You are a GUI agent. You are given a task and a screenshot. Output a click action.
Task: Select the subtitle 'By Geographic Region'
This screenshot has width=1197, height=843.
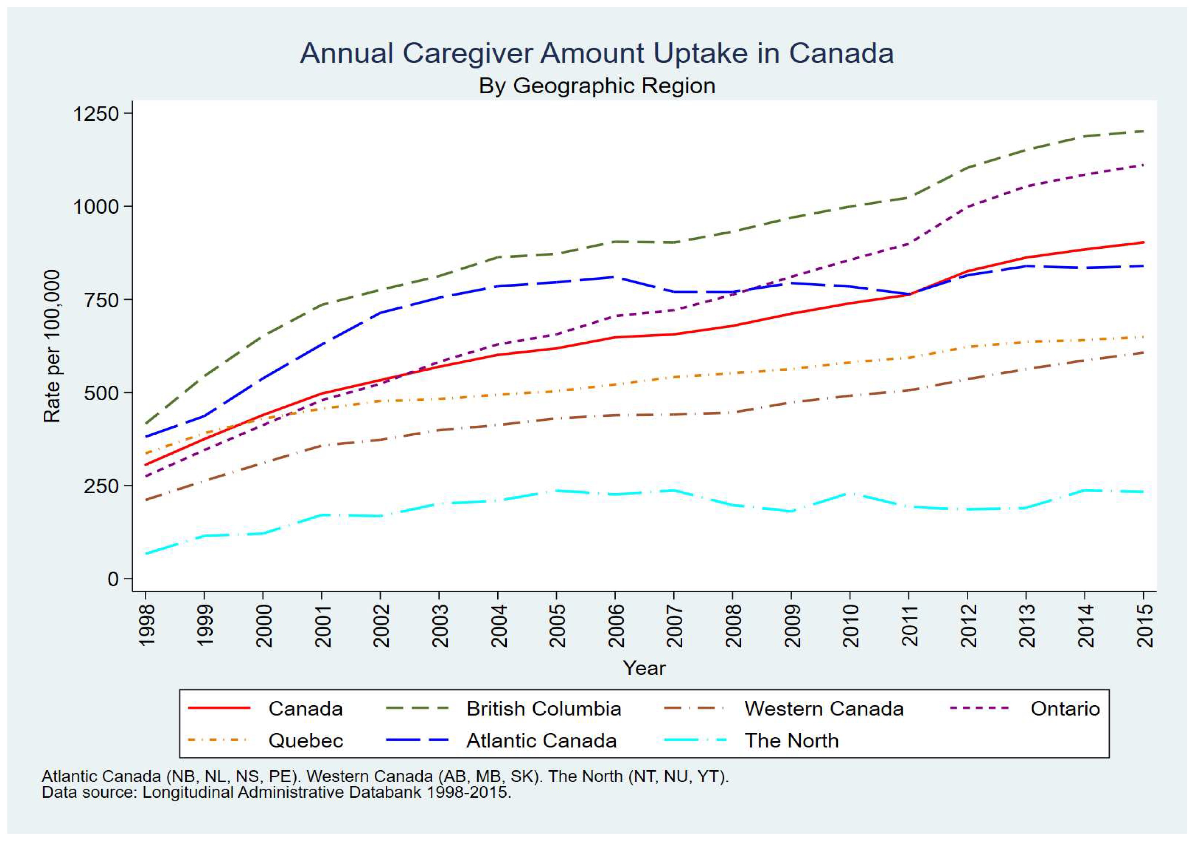pyautogui.click(x=597, y=86)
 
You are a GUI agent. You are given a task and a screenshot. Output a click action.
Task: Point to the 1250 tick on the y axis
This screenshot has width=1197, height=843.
pyautogui.click(x=96, y=113)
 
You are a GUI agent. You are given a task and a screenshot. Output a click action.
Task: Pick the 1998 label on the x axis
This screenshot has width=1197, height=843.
pyautogui.click(x=146, y=625)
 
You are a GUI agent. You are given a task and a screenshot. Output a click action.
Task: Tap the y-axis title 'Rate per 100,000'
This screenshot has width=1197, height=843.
pyautogui.click(x=52, y=346)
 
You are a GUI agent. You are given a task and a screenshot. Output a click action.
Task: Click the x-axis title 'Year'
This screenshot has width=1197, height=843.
pyautogui.click(x=644, y=668)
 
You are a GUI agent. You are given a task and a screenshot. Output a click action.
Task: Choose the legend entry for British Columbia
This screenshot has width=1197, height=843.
pyautogui.click(x=544, y=709)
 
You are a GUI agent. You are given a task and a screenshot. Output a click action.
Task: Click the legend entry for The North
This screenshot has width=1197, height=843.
pyautogui.click(x=791, y=741)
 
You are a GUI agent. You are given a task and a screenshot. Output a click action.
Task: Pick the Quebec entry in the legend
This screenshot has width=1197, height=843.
pyautogui.click(x=306, y=741)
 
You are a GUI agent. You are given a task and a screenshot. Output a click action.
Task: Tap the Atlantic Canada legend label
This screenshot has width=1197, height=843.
pyautogui.click(x=541, y=741)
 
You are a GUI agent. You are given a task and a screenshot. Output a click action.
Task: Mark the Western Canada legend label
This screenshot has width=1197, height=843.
pyautogui.click(x=824, y=709)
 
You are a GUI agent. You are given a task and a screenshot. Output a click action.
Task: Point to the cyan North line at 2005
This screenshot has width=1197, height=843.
pyautogui.click(x=557, y=491)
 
